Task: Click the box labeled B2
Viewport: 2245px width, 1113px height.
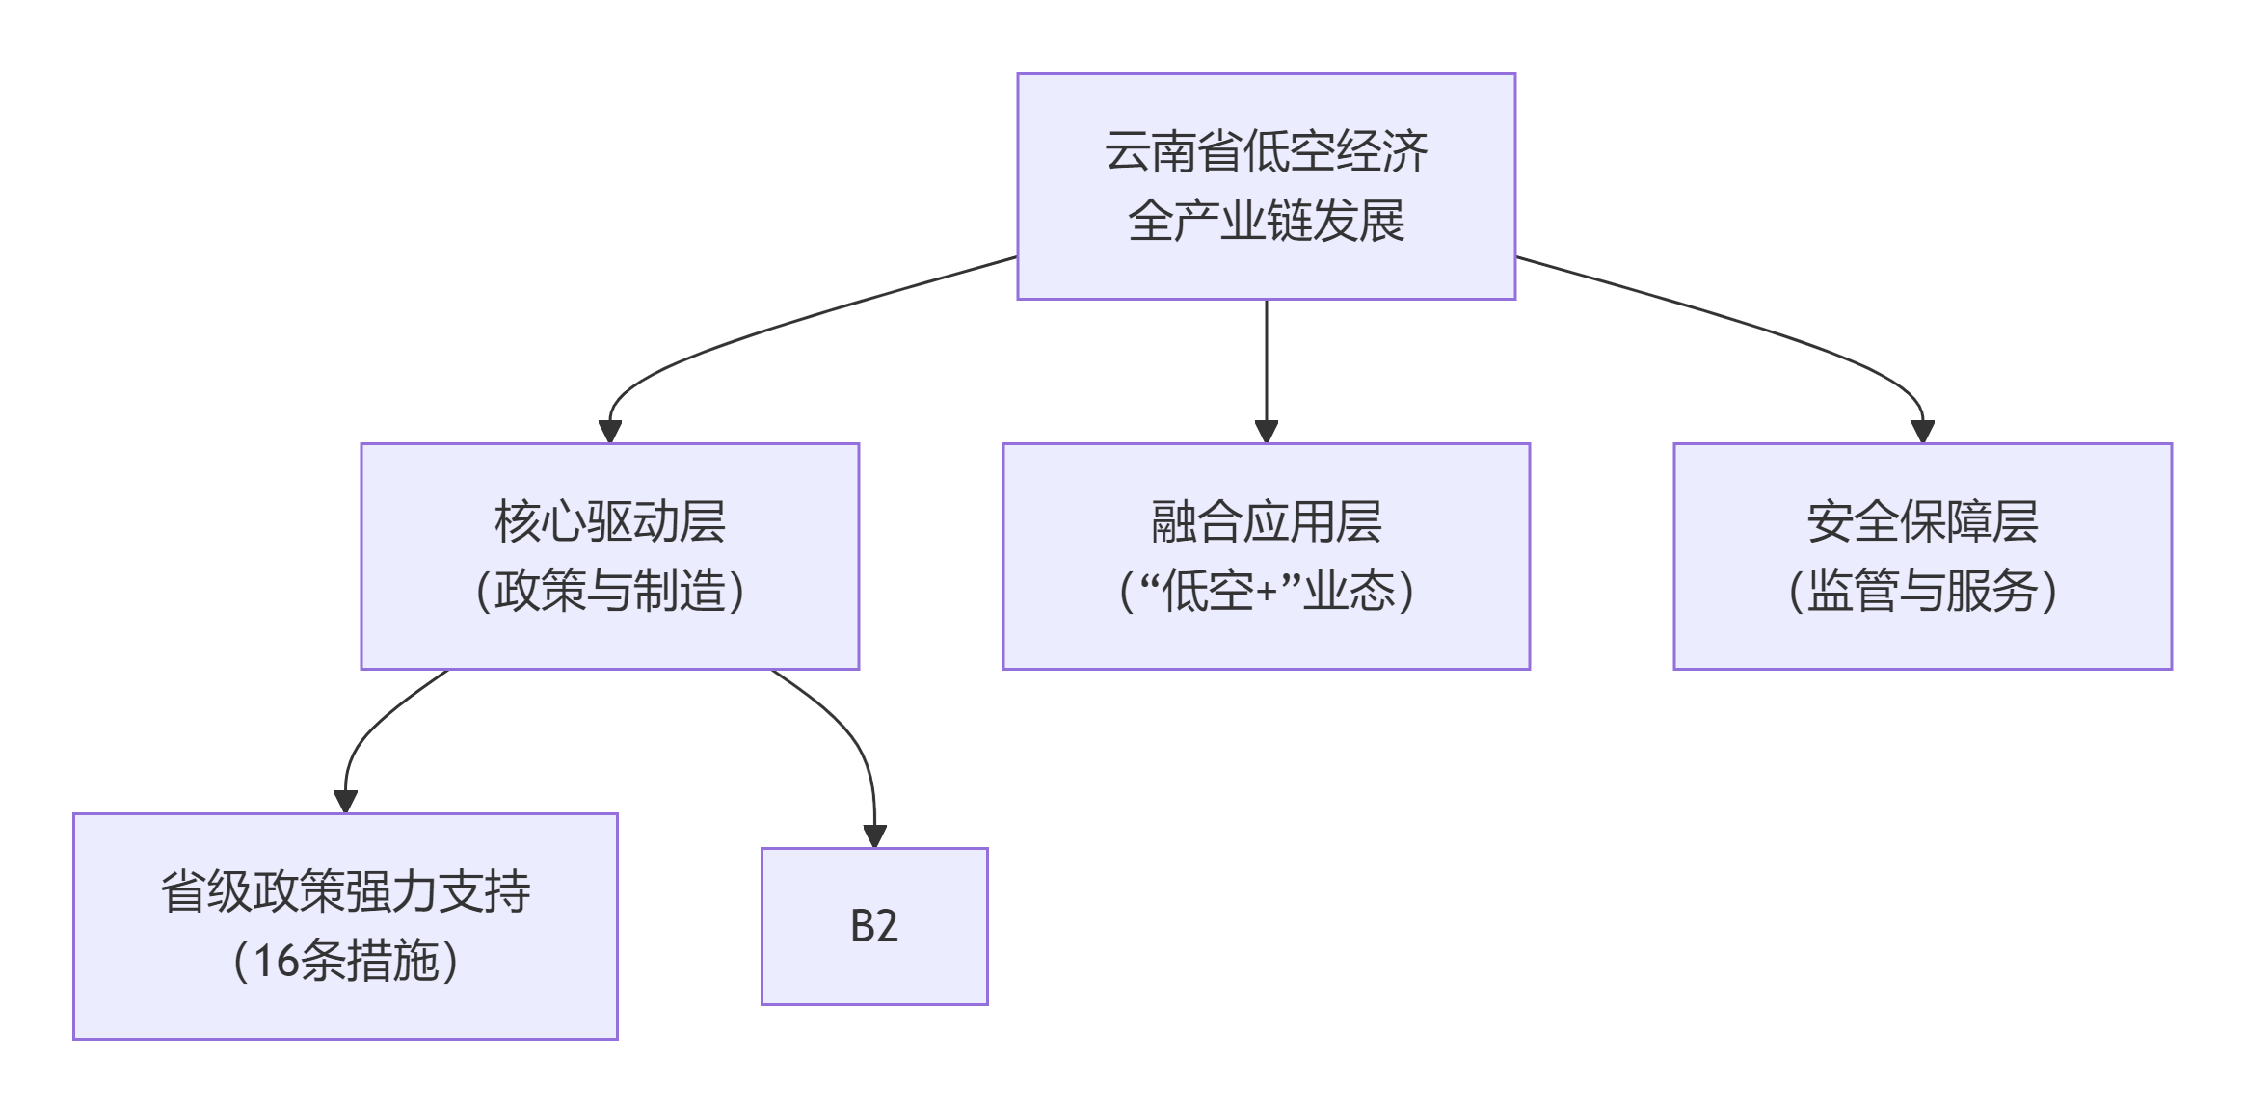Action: point(874,926)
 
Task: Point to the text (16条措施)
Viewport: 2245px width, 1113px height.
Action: point(345,961)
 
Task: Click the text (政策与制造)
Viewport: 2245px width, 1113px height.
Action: point(609,591)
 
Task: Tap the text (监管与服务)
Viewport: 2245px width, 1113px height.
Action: point(1922,591)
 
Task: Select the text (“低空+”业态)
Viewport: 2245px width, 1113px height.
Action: point(1266,591)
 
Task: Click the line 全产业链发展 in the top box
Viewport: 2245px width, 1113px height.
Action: point(1266,221)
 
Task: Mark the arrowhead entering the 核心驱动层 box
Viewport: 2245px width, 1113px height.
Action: point(609,432)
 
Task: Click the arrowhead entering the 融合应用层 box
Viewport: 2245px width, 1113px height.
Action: point(1266,432)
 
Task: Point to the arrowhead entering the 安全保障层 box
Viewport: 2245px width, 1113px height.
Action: point(1922,432)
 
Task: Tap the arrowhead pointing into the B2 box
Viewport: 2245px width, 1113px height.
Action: point(874,836)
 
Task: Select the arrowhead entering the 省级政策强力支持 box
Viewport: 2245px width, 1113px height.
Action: point(345,802)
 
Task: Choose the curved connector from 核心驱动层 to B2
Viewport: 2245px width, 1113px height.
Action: point(848,732)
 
